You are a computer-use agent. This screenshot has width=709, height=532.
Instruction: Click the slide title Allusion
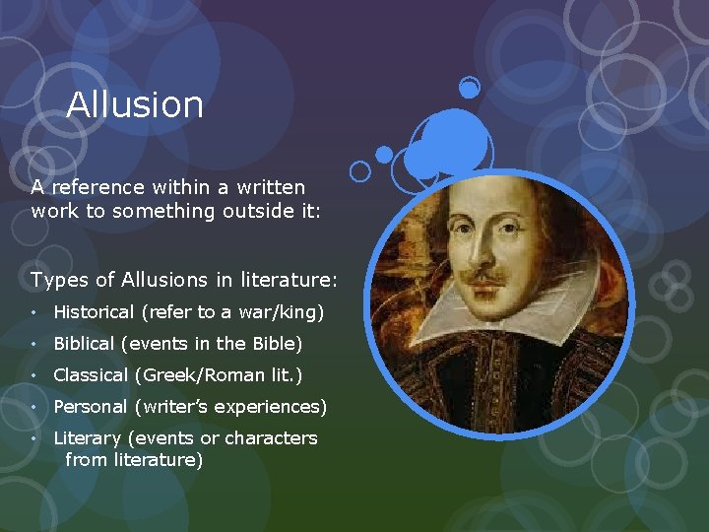click(135, 105)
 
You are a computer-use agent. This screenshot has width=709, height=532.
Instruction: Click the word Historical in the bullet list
click(94, 312)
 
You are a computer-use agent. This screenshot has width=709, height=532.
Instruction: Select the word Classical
click(91, 375)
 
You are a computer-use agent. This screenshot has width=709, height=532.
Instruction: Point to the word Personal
click(91, 407)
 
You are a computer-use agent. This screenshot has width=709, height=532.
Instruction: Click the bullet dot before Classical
click(35, 375)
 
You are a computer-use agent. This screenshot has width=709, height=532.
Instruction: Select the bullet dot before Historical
click(35, 312)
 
